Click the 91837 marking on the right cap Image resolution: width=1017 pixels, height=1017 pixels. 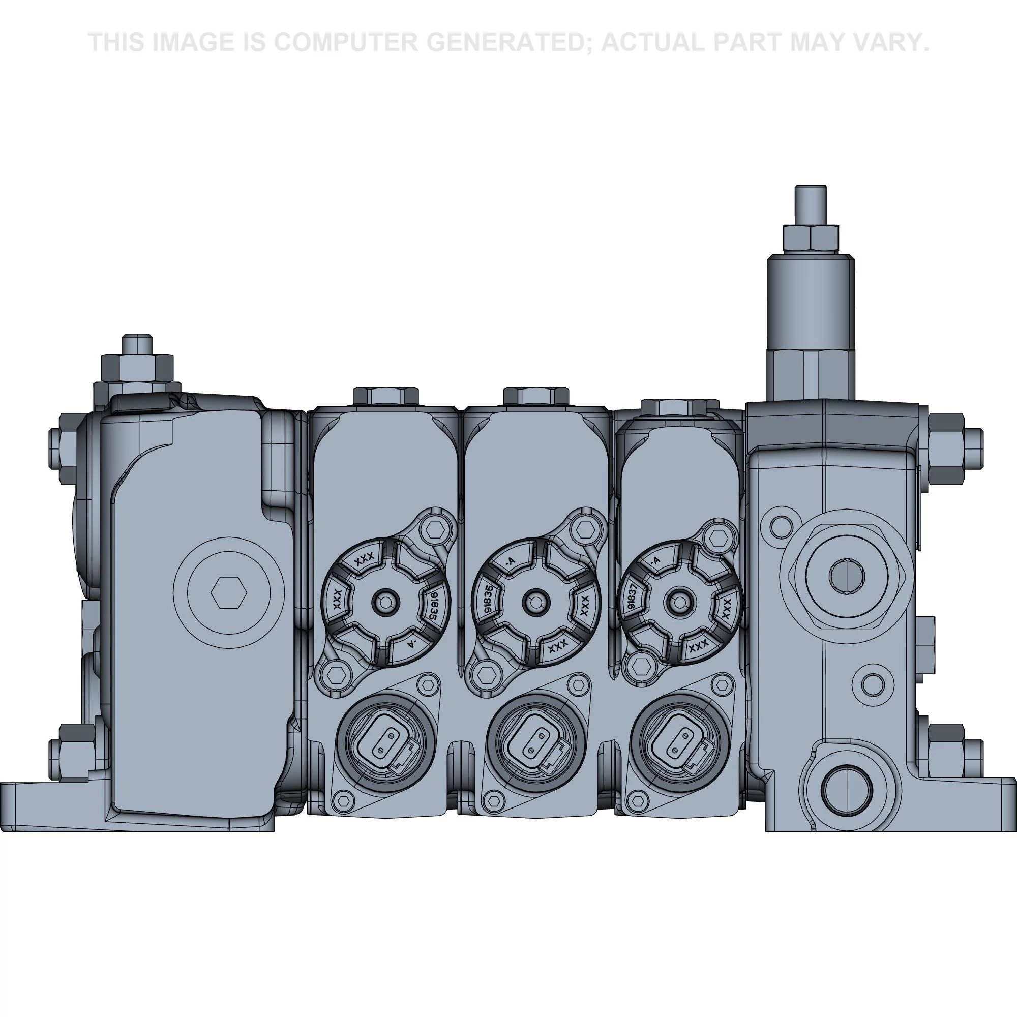pyautogui.click(x=631, y=599)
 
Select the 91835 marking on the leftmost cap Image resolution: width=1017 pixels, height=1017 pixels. pyautogui.click(x=435, y=605)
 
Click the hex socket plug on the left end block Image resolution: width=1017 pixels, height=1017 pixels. pyautogui.click(x=228, y=593)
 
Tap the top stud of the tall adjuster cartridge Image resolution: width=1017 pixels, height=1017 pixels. pyautogui.click(x=810, y=204)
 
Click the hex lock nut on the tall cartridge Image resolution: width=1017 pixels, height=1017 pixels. pyautogui.click(x=810, y=238)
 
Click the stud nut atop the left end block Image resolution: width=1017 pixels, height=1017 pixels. pyautogui.click(x=137, y=365)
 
